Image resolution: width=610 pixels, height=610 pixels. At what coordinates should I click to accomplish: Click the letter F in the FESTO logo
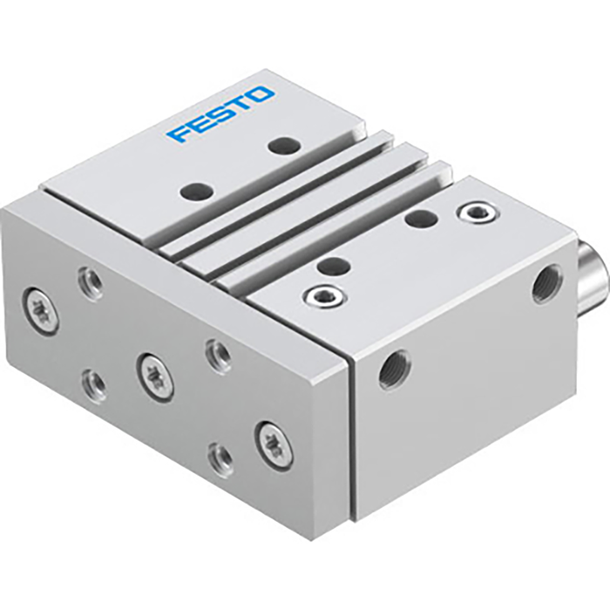pos(180,133)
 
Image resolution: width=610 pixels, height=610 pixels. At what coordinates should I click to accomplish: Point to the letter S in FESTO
pos(221,112)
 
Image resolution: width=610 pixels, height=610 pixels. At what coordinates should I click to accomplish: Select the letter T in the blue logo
pos(241,103)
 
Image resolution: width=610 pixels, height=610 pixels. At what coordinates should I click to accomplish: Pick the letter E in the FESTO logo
pos(200,123)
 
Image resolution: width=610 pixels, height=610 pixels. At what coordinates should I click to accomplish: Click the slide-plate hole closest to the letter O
pos(280,146)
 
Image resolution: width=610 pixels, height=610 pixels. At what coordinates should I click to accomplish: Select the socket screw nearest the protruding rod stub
pos(478,211)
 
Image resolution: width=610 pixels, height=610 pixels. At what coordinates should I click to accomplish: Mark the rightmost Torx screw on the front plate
pos(273,445)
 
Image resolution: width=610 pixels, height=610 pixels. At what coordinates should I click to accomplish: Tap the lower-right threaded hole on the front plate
pos(220,457)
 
